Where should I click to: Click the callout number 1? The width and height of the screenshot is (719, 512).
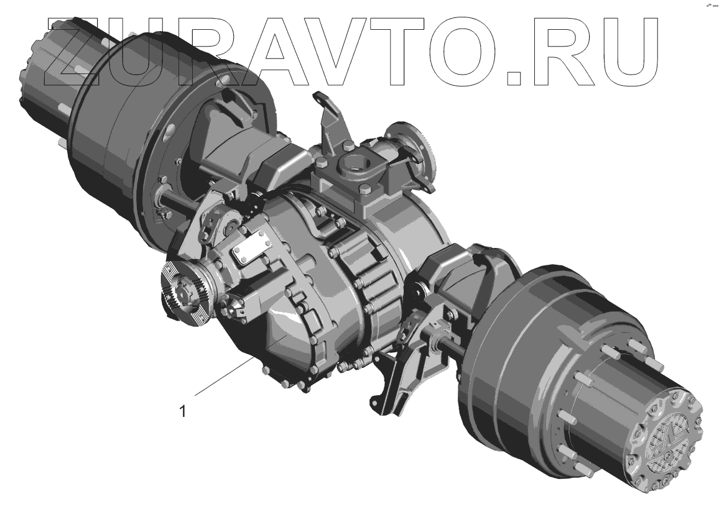coord(183,411)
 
